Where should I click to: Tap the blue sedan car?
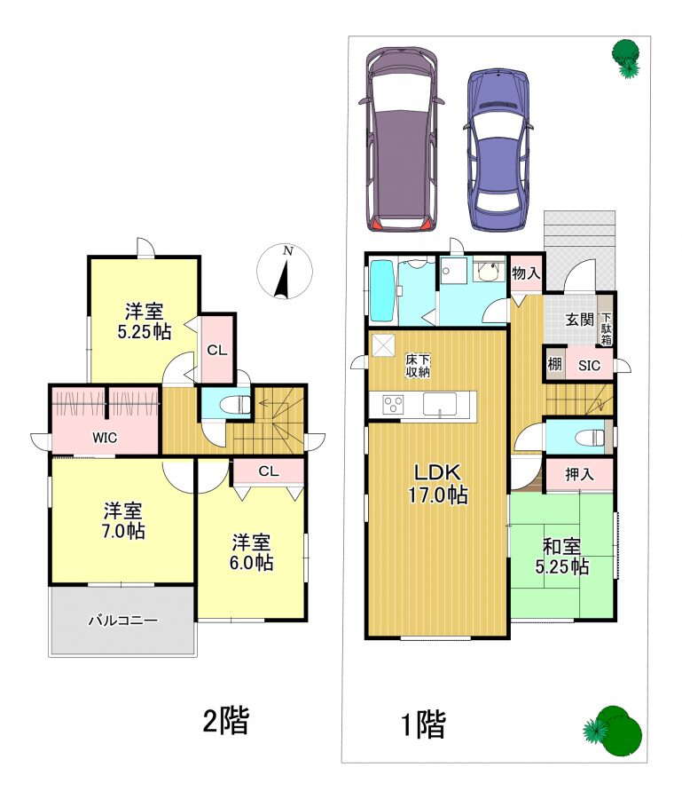pos(498,150)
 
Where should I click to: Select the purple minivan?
pos(401,140)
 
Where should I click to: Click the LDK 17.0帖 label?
pos(438,484)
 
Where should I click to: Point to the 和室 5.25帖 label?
pos(562,557)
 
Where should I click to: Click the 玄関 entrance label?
pos(580,320)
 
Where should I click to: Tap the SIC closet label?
pos(589,366)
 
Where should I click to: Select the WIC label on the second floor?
pos(105,437)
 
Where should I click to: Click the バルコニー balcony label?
pos(123,621)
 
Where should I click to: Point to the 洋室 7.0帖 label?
pos(123,521)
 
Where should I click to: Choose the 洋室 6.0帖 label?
pos(251,552)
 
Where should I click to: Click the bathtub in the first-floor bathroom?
pos(381,291)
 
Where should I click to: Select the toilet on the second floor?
pos(235,405)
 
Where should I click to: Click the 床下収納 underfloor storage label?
pos(418,366)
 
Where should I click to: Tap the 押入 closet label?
pos(579,474)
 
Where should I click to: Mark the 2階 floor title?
pos(226,721)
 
